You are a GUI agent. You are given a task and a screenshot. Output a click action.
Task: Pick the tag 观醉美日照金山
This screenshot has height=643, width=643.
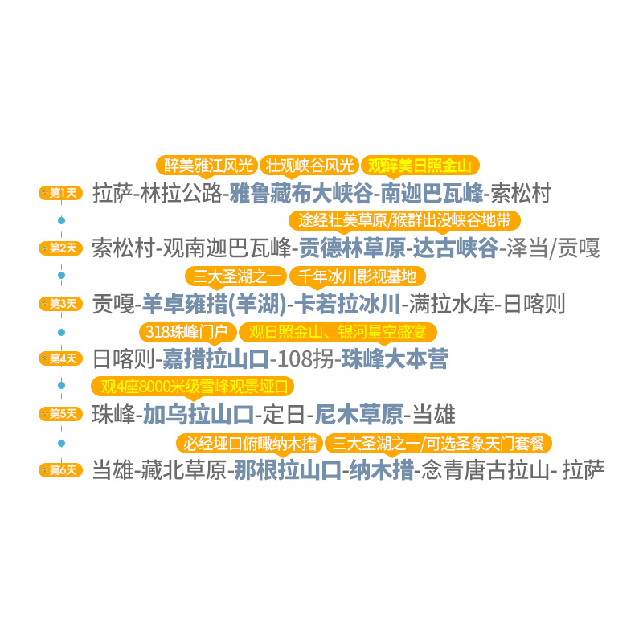(x=420, y=166)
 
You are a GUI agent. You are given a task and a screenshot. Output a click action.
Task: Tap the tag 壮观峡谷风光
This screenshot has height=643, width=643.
(x=309, y=166)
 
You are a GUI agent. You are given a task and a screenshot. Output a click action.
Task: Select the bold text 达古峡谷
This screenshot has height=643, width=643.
(x=455, y=248)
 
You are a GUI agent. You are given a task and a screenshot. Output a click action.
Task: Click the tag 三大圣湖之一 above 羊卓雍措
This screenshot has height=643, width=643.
(x=238, y=276)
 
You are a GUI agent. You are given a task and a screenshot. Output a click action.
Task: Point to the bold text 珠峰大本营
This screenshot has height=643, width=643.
(x=394, y=358)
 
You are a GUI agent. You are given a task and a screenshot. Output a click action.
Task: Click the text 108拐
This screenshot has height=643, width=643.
(x=305, y=358)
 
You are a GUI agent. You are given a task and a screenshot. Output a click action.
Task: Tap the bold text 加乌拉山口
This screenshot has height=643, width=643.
(x=199, y=415)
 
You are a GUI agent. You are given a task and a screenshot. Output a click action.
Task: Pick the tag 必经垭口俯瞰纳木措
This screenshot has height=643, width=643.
(x=249, y=443)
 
